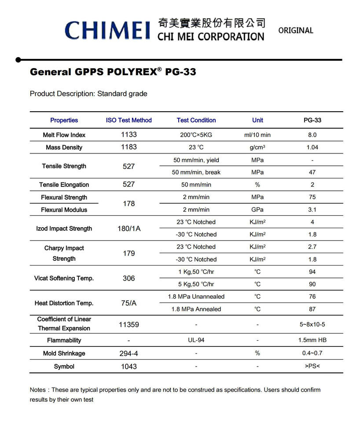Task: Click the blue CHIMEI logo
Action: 107,30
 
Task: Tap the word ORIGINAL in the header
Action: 296,31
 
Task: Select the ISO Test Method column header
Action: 129,120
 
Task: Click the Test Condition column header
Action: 196,120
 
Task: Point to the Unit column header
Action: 257,120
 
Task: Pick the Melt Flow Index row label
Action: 64,135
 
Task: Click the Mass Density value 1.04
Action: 312,147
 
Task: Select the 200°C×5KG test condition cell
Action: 196,135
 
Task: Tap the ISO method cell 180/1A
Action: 129,229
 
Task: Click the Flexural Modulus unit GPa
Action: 257,210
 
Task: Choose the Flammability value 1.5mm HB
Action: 312,340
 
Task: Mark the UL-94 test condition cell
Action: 196,340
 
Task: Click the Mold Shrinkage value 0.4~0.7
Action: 312,353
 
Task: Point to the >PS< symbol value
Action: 312,366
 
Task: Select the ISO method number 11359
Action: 129,325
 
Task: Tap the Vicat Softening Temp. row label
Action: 64,278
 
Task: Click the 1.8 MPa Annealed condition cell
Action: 196,309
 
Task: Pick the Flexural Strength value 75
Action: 312,197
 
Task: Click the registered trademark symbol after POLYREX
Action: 159,69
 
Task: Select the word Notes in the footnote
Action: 38,390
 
